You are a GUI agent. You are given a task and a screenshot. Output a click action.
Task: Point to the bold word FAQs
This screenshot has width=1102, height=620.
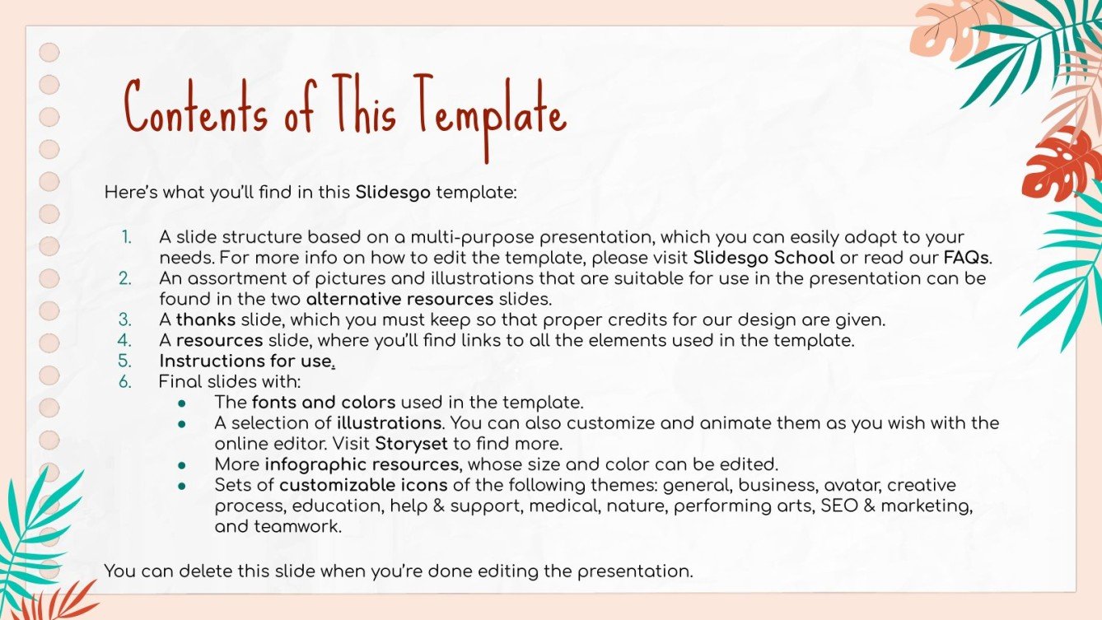click(967, 257)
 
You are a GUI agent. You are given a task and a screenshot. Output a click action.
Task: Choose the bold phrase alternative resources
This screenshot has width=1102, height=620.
click(399, 299)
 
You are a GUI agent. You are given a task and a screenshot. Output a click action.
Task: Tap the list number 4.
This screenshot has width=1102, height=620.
click(124, 340)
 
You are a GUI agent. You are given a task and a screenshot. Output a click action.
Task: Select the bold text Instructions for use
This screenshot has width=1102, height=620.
click(246, 361)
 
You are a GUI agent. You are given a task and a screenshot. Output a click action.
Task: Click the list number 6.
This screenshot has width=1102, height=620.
click(124, 382)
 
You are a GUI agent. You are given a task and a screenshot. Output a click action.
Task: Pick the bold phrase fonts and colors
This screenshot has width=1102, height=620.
click(324, 403)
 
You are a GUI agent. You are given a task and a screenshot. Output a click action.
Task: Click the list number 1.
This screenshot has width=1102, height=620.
click(126, 237)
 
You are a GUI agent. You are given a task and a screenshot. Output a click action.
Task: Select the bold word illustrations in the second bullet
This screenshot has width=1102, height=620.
click(389, 423)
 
